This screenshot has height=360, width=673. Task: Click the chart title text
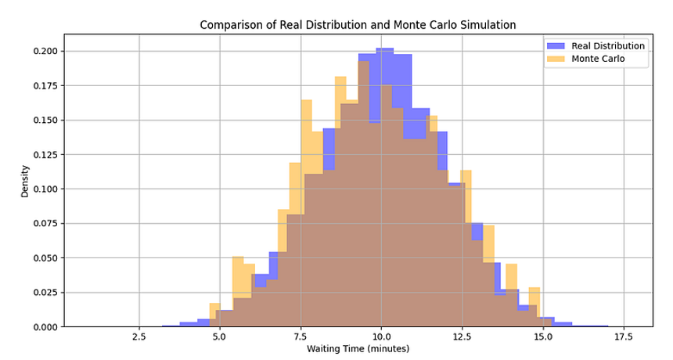358,24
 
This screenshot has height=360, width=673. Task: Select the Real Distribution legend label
608,45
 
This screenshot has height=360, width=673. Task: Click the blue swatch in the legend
556,45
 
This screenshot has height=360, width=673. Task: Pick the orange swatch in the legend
556,59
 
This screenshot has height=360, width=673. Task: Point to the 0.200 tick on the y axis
45,52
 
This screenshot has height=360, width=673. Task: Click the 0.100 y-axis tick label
45,189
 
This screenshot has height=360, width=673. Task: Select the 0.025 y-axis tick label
45,292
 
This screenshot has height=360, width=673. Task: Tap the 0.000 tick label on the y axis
45,326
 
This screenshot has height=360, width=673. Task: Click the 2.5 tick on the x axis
139,337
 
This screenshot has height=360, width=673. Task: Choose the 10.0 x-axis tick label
380,337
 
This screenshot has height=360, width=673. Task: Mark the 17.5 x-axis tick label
624,337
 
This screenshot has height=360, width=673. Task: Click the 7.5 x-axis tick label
301,337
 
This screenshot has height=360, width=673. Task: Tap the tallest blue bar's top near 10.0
385,49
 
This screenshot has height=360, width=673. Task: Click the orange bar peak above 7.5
306,101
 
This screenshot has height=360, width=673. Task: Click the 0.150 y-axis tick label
45,121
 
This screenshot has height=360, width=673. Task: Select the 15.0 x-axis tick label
542,337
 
